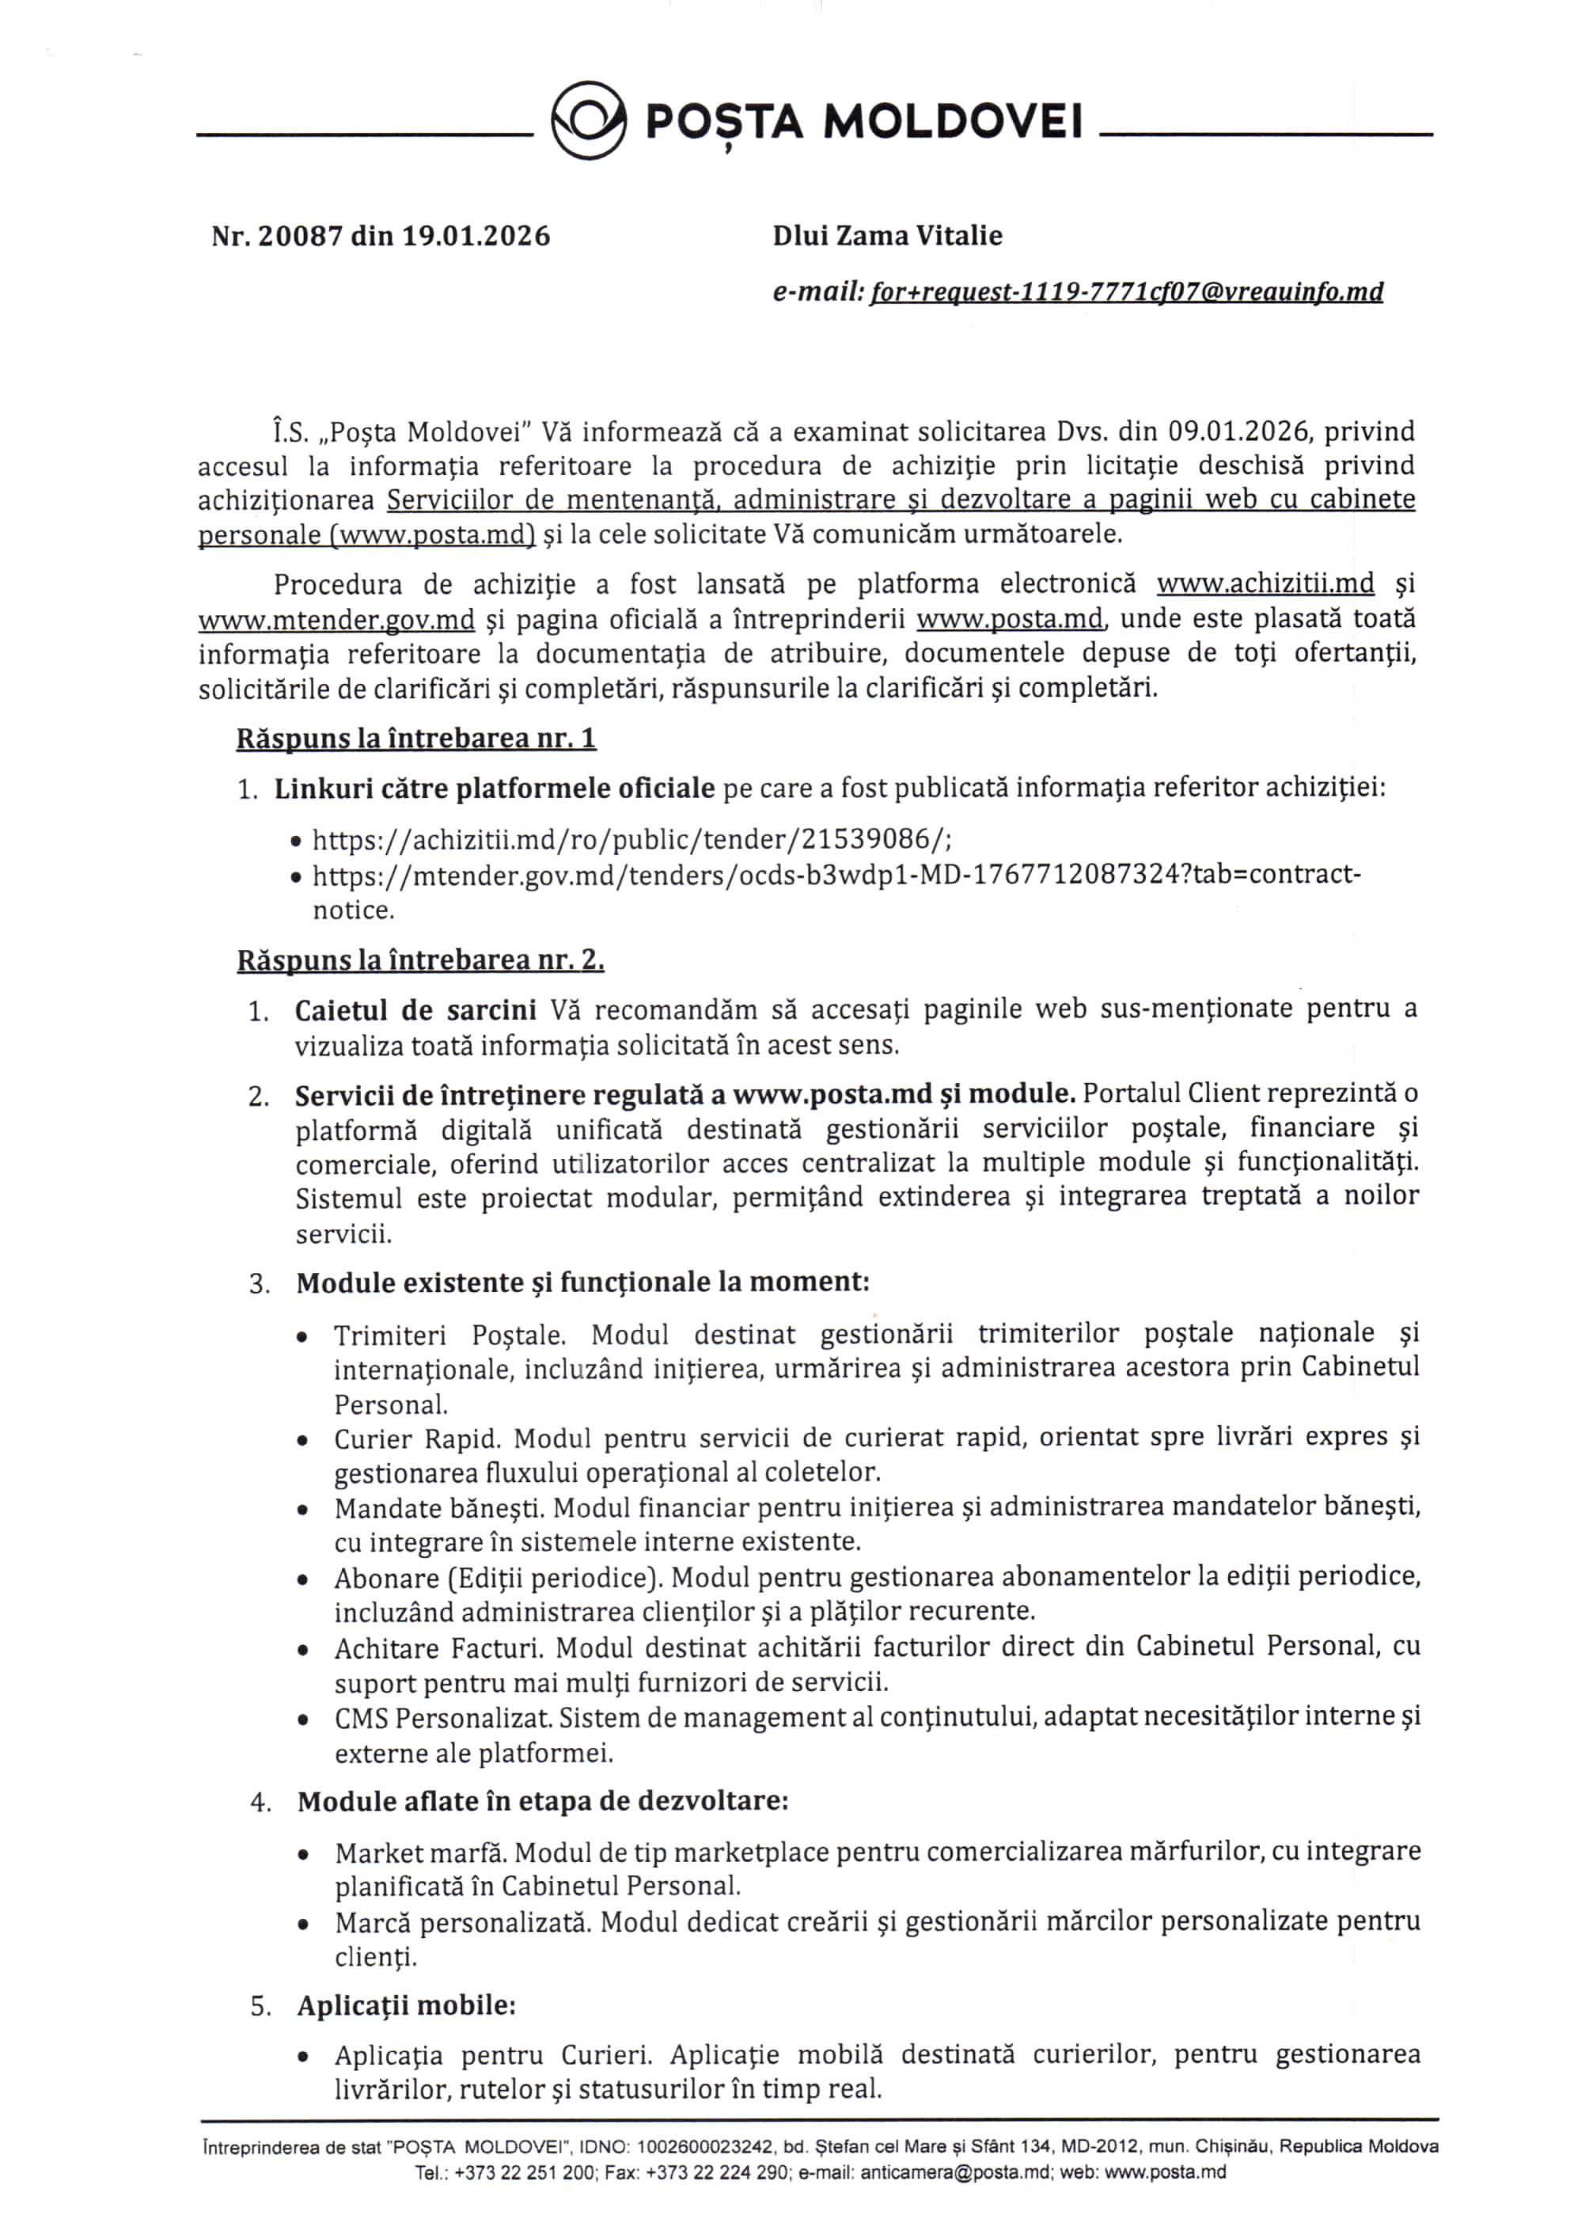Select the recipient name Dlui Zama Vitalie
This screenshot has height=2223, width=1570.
(x=886, y=235)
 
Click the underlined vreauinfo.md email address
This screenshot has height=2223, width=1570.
(x=1126, y=292)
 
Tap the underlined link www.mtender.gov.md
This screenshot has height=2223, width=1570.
(x=336, y=620)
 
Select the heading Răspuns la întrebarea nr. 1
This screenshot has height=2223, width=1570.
(x=416, y=739)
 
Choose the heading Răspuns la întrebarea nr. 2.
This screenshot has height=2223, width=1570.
(x=421, y=960)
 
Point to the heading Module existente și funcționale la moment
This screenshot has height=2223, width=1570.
(x=582, y=1282)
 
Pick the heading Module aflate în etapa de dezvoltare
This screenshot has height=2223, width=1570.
(x=542, y=1802)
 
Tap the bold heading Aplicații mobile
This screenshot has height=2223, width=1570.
(x=406, y=2005)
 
